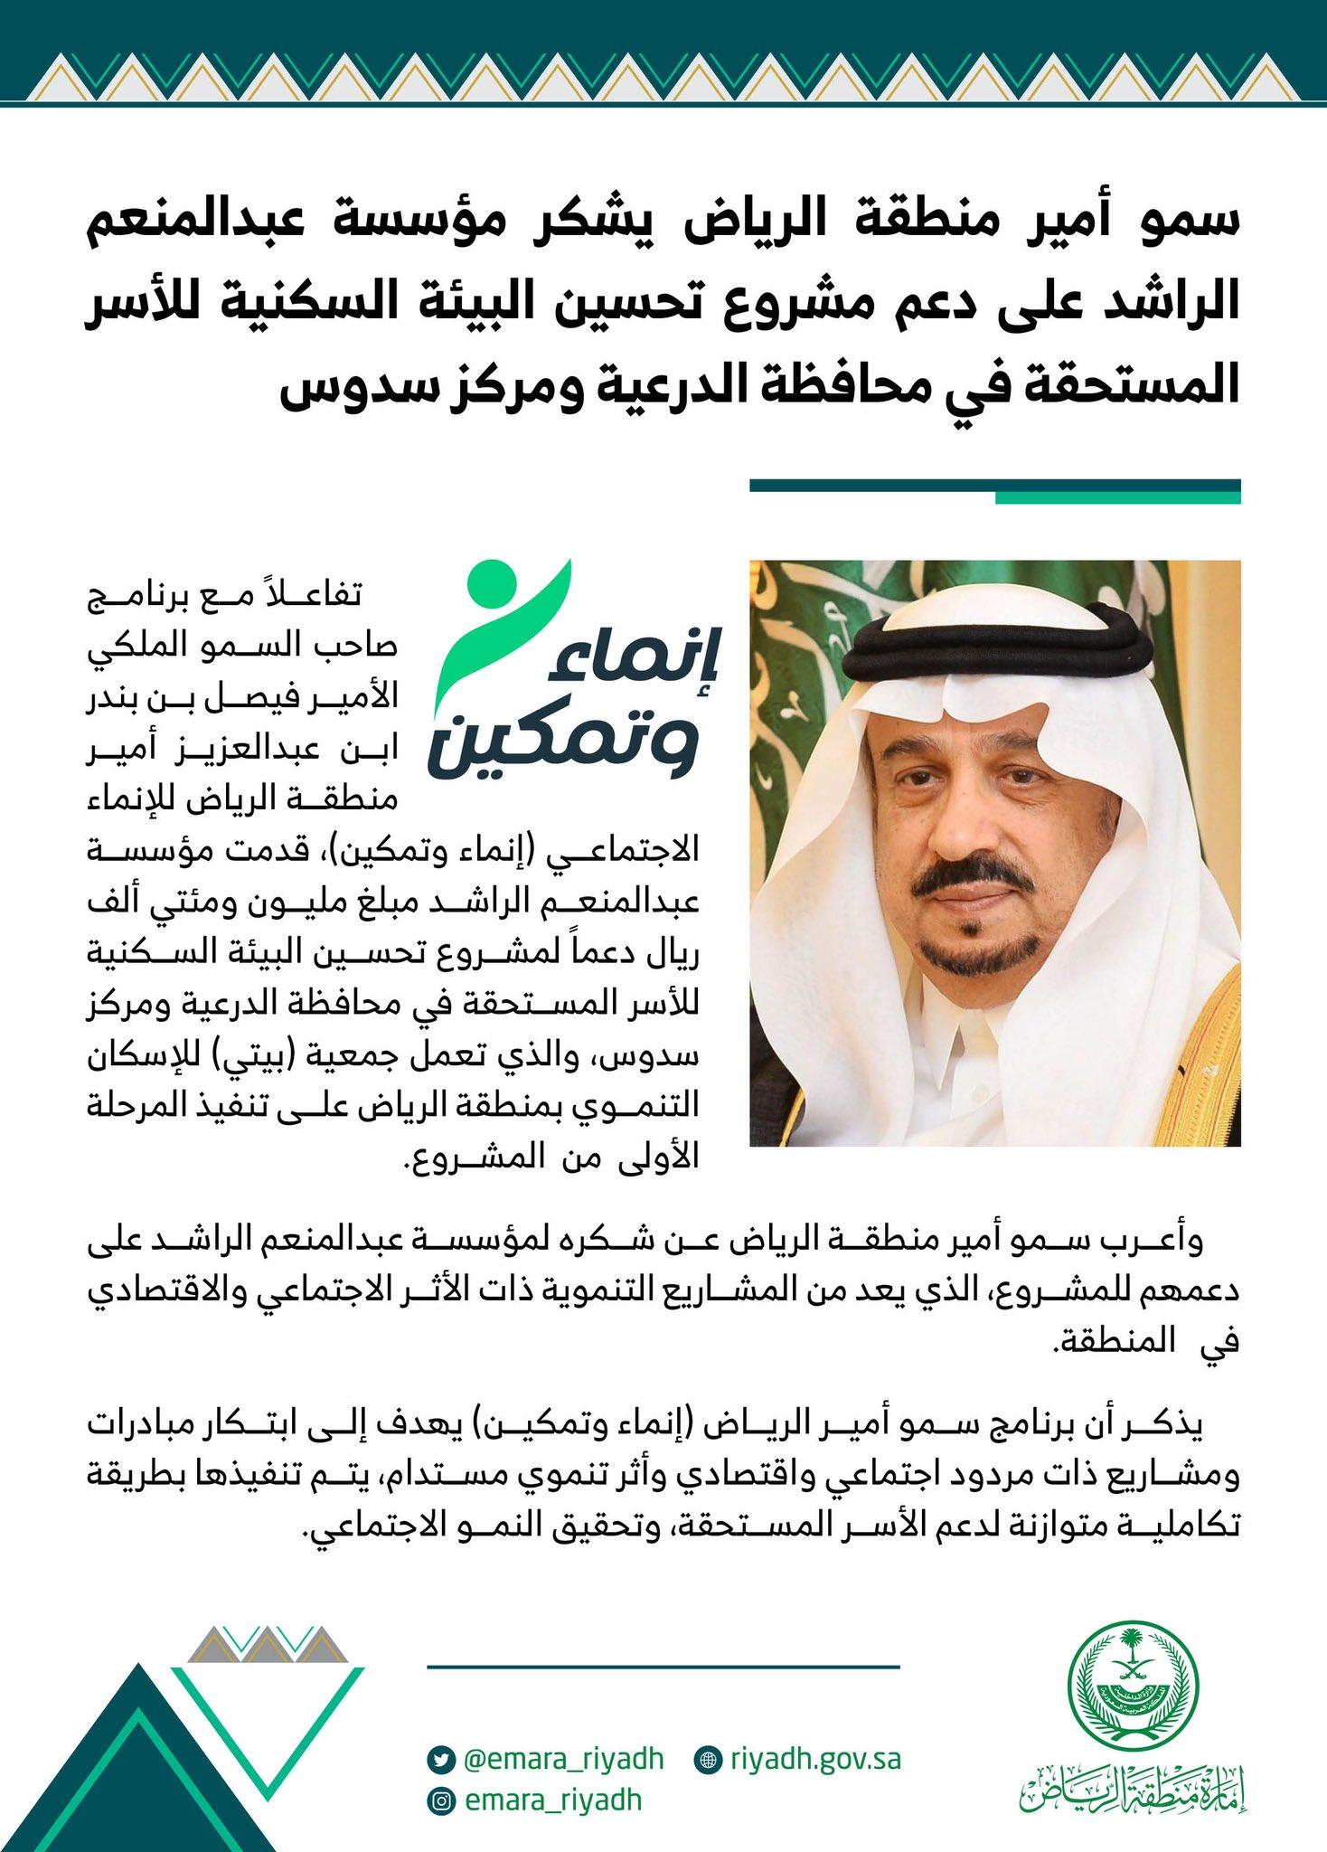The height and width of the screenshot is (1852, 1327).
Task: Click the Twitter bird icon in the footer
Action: pyautogui.click(x=439, y=1760)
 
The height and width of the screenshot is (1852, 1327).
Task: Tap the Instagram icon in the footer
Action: pyautogui.click(x=439, y=1800)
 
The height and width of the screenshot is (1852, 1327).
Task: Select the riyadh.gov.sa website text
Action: pyautogui.click(x=815, y=1759)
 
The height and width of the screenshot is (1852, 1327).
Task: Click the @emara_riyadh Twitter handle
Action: pyautogui.click(x=563, y=1759)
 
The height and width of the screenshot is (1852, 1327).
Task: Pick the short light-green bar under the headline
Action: pyautogui.click(x=1117, y=497)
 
